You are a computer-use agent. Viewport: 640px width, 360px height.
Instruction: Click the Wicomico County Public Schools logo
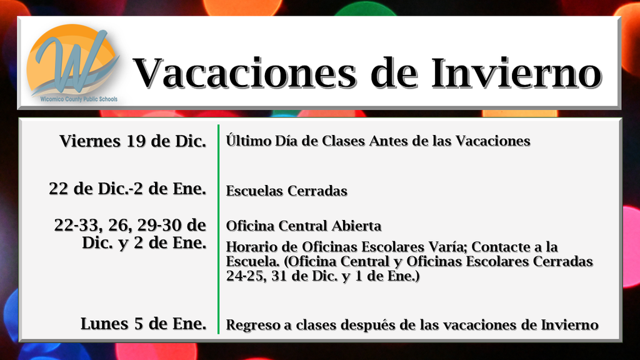pos(72,59)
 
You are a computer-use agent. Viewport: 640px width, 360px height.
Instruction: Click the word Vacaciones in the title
pos(246,73)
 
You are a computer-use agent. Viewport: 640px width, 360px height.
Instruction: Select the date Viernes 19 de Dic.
pos(133,141)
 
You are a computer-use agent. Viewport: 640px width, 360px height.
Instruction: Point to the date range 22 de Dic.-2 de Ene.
pos(127,188)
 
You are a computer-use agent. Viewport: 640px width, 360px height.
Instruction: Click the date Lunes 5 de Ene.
pos(143,324)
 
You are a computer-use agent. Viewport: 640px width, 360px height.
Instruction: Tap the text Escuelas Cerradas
pos(286,191)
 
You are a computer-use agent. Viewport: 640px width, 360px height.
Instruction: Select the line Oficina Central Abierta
pos(303,226)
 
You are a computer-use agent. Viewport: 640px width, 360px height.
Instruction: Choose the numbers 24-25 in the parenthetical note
pos(245,276)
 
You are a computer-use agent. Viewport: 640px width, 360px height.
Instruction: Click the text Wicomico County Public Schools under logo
pos(74,99)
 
